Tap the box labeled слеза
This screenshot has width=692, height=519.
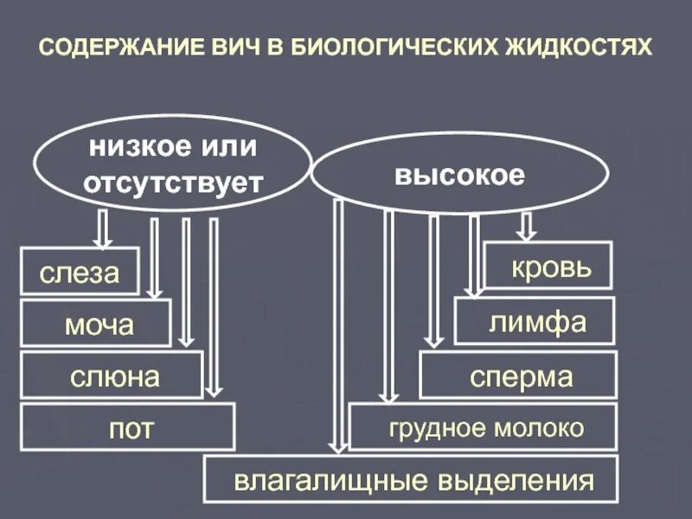click(x=80, y=272)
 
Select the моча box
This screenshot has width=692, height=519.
click(x=96, y=324)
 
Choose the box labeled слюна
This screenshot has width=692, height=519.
click(x=112, y=376)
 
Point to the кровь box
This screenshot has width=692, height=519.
click(x=548, y=265)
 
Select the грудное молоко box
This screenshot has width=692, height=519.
click(x=484, y=427)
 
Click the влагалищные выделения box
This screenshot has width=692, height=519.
click(x=412, y=480)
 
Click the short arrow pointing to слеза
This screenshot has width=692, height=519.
click(x=102, y=229)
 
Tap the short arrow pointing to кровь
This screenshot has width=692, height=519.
click(x=525, y=226)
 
